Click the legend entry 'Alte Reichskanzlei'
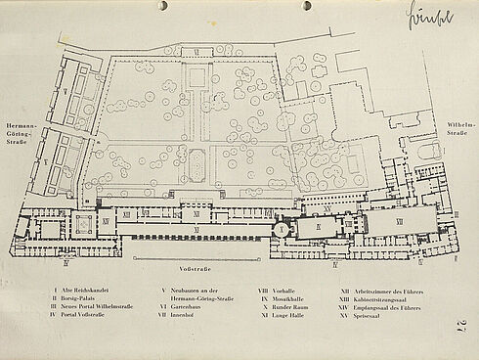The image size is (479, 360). point(87,291)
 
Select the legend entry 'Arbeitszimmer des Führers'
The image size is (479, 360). point(387,291)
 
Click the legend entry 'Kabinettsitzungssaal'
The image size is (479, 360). point(381,298)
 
